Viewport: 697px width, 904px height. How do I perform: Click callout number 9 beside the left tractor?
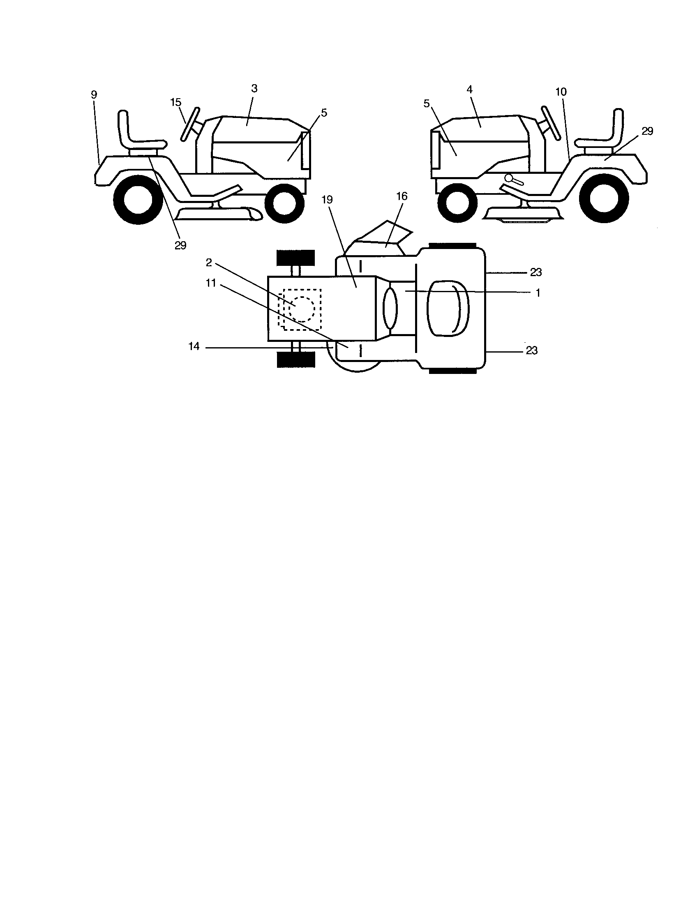pos(94,95)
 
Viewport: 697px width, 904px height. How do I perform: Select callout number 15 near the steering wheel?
pos(176,102)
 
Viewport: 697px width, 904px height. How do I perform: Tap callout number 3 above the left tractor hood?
pos(254,89)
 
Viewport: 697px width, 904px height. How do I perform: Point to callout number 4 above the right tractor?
pos(469,90)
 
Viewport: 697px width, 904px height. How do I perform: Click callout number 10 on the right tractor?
pos(561,92)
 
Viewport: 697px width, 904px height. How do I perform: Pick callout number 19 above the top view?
pos(327,200)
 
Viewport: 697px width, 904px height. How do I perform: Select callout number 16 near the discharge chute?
pos(402,196)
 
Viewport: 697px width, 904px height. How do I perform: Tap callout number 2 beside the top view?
pos(209,263)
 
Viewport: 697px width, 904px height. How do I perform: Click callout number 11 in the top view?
pos(211,283)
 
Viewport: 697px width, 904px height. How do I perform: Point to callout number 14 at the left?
pos(194,346)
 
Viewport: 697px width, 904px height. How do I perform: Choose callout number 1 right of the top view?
pos(538,293)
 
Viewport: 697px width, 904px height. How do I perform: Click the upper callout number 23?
pos(535,272)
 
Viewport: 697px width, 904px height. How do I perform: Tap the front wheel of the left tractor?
pos(284,202)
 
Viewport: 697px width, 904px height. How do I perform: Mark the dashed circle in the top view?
pos(302,309)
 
